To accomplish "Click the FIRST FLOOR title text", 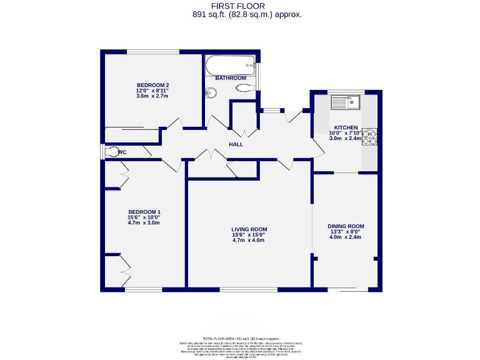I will (x=239, y=6).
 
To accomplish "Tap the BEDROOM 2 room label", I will (x=153, y=85).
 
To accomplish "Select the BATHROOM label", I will (x=230, y=78).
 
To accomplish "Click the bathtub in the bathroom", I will (x=230, y=64).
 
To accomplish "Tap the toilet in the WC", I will (x=112, y=151).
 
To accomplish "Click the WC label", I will (x=122, y=152).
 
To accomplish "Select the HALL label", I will (x=236, y=145).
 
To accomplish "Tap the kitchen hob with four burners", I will (x=370, y=137).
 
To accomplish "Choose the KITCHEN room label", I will (x=346, y=127).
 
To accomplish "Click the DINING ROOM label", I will (x=346, y=226).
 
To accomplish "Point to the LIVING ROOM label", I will (x=249, y=229).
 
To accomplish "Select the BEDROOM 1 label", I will (x=144, y=211).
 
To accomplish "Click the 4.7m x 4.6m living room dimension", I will (x=249, y=241).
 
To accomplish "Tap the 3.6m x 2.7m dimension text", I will (x=153, y=96).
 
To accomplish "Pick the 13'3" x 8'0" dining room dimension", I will (x=346, y=232).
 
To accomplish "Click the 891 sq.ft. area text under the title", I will (x=239, y=14).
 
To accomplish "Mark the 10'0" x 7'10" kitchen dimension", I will (x=346, y=133).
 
